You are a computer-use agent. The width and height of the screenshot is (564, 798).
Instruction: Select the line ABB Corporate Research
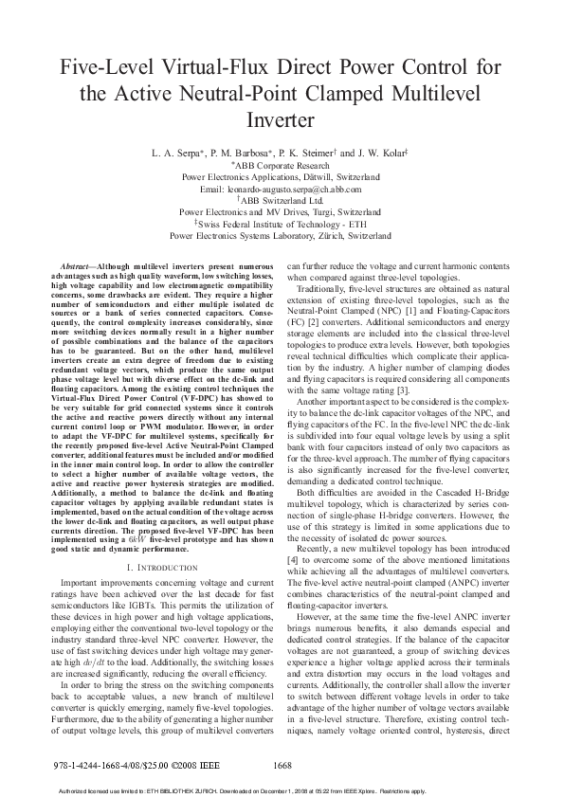click(281, 164)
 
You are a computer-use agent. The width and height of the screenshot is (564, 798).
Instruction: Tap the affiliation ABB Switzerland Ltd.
click(282, 201)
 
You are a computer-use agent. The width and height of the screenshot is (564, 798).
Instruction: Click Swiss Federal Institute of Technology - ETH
click(282, 224)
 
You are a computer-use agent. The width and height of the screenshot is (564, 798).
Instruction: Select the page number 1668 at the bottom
click(282, 765)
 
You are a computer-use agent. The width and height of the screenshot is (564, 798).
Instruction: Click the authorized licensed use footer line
click(282, 790)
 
